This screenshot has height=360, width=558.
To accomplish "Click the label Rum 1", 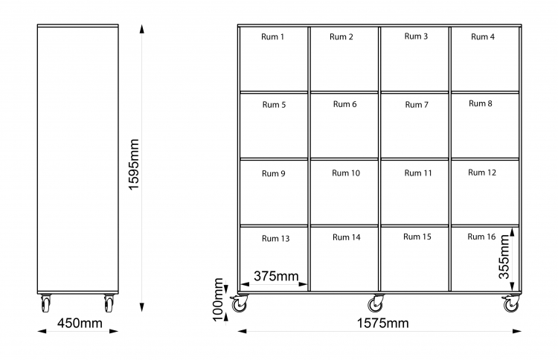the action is [272, 36].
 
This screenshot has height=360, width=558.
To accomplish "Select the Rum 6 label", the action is [344, 104].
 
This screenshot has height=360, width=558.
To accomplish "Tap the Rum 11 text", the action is [418, 173].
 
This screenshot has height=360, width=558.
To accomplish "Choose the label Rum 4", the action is [483, 36].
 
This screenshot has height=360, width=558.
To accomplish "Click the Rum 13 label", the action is [276, 238].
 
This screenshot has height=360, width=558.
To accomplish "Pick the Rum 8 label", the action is [481, 103].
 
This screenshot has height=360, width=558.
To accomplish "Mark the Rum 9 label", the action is [274, 173].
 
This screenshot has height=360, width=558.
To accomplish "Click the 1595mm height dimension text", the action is [133, 164].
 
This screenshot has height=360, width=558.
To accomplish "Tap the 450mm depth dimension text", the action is [80, 323].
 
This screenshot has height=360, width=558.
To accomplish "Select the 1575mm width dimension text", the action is [383, 323].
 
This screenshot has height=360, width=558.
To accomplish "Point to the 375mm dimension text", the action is [276, 276].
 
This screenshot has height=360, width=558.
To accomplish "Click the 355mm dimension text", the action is [504, 257].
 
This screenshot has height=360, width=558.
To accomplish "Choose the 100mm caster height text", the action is [218, 300].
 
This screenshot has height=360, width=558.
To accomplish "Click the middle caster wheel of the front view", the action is [376, 303].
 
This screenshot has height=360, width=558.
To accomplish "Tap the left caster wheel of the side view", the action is [45, 303].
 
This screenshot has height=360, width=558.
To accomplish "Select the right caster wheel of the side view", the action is [109, 303].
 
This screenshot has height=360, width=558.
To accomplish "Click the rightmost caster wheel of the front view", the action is [511, 303].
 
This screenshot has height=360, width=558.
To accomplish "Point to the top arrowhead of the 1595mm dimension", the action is [142, 29].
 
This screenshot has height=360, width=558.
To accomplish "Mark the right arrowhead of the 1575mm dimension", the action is [517, 331].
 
